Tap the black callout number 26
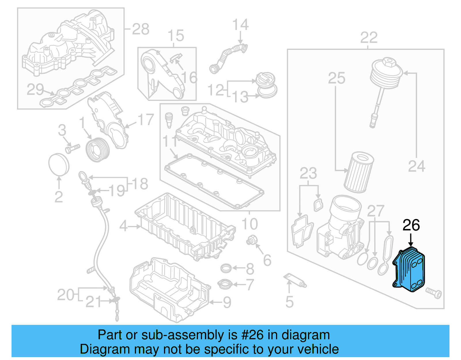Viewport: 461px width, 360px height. click(411, 225)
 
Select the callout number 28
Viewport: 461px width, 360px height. click(141, 29)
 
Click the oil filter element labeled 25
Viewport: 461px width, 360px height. click(359, 173)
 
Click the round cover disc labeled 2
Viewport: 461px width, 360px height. click(59, 164)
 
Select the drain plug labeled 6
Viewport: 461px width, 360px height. click(251, 240)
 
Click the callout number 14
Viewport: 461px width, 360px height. click(240, 25)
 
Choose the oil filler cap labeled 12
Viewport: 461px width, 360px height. click(266, 80)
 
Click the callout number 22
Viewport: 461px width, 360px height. click(369, 38)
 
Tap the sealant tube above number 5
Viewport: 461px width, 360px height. click(295, 280)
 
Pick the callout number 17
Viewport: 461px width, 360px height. click(146, 120)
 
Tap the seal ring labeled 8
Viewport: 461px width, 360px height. click(226, 268)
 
